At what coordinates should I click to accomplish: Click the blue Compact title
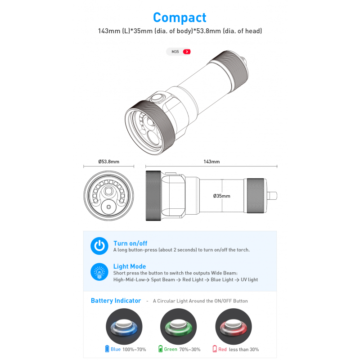pos(180,18)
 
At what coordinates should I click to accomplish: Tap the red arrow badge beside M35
pos(187,52)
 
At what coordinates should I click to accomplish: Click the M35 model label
pos(175,52)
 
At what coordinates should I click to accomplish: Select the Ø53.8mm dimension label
pos(109,162)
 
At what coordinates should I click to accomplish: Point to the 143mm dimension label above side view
pos(211,162)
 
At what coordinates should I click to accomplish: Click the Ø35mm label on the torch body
pos(221,196)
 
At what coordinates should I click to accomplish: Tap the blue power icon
pos(99,246)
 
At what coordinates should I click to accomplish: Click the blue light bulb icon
pos(99,272)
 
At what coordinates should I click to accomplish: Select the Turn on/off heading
pos(130,243)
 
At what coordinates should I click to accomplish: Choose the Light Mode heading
pos(130,266)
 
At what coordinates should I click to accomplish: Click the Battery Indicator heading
pos(116,301)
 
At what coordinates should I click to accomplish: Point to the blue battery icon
pos(107,349)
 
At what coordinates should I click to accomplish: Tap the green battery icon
pos(161,349)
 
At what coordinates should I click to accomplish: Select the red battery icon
pos(215,349)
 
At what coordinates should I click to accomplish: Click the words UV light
pos(249,279)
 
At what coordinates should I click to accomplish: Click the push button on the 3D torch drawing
pos(157,98)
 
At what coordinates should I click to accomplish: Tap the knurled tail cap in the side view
pos(255,196)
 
